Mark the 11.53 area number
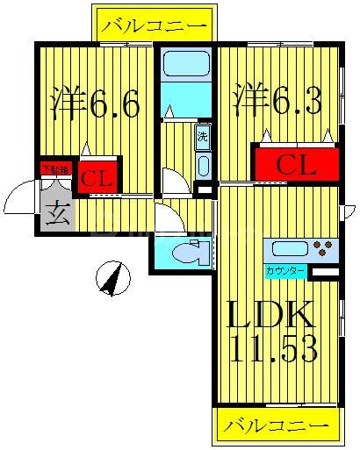pos(274,350)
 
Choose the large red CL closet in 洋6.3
pos(296,164)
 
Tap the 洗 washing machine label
pos(202,137)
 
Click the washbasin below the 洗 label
pos(203,166)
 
